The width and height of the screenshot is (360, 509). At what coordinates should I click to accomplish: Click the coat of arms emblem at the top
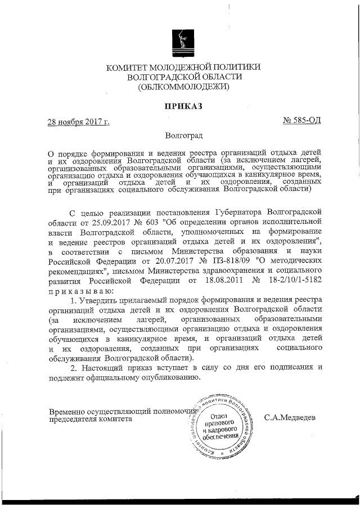pos(179,41)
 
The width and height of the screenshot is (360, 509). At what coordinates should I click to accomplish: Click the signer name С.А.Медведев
pos(290,418)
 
